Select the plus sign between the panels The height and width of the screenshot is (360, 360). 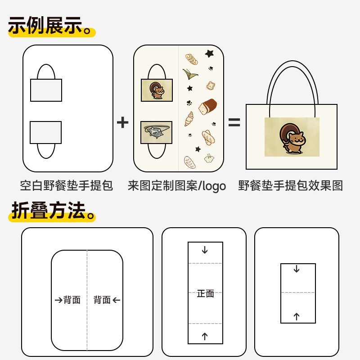[x=122, y=122]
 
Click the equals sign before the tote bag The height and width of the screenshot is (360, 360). [x=234, y=122]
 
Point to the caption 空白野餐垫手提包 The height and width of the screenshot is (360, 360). [x=67, y=185]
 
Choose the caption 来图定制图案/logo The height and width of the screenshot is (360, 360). [x=176, y=185]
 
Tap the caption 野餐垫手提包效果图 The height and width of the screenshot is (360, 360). [x=290, y=185]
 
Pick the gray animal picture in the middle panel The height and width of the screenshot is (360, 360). [x=156, y=132]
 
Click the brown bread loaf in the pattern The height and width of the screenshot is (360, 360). [x=207, y=107]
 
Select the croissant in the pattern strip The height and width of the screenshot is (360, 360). [x=189, y=119]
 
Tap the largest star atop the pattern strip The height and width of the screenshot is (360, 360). [x=209, y=54]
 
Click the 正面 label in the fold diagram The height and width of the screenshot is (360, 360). [x=205, y=293]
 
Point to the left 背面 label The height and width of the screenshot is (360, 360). [x=72, y=300]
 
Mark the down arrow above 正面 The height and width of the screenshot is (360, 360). [x=205, y=250]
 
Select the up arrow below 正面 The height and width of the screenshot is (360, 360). [x=205, y=336]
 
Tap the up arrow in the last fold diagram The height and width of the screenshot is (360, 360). [x=297, y=316]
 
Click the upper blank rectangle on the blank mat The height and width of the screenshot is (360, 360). [x=46, y=90]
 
